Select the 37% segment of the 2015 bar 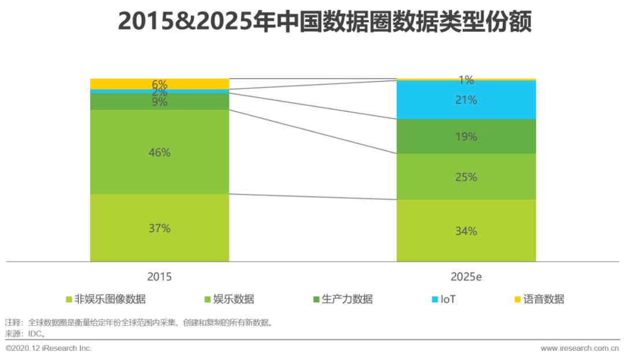(x=159, y=228)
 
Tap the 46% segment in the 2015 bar (x=159, y=153)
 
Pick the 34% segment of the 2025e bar (x=466, y=231)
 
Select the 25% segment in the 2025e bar (x=466, y=177)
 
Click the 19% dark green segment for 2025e (x=466, y=137)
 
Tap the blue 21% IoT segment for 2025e (x=466, y=100)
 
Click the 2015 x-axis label (x=159, y=277)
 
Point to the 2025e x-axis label (x=466, y=277)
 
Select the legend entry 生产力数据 (x=342, y=299)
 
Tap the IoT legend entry (x=444, y=299)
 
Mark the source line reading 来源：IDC (x=25, y=333)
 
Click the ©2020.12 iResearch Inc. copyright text (x=49, y=348)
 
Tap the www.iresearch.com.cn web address (x=580, y=348)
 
